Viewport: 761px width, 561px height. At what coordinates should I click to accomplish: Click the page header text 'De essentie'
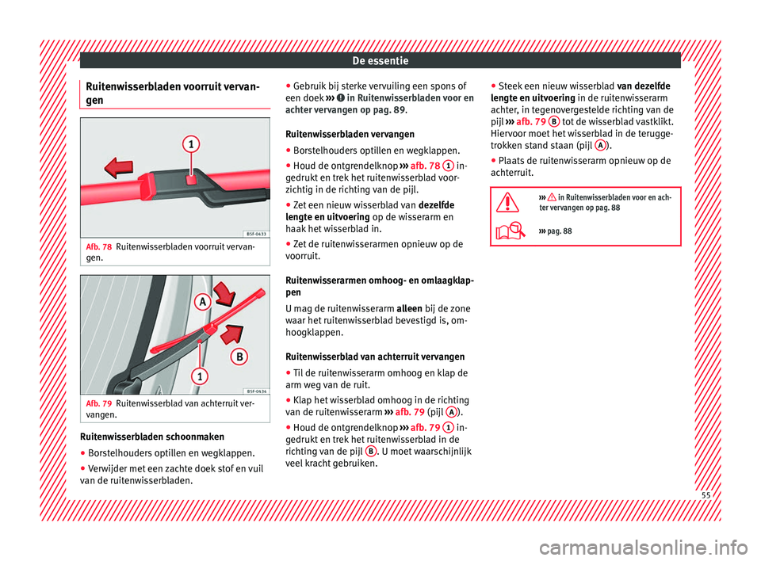pos(380,59)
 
